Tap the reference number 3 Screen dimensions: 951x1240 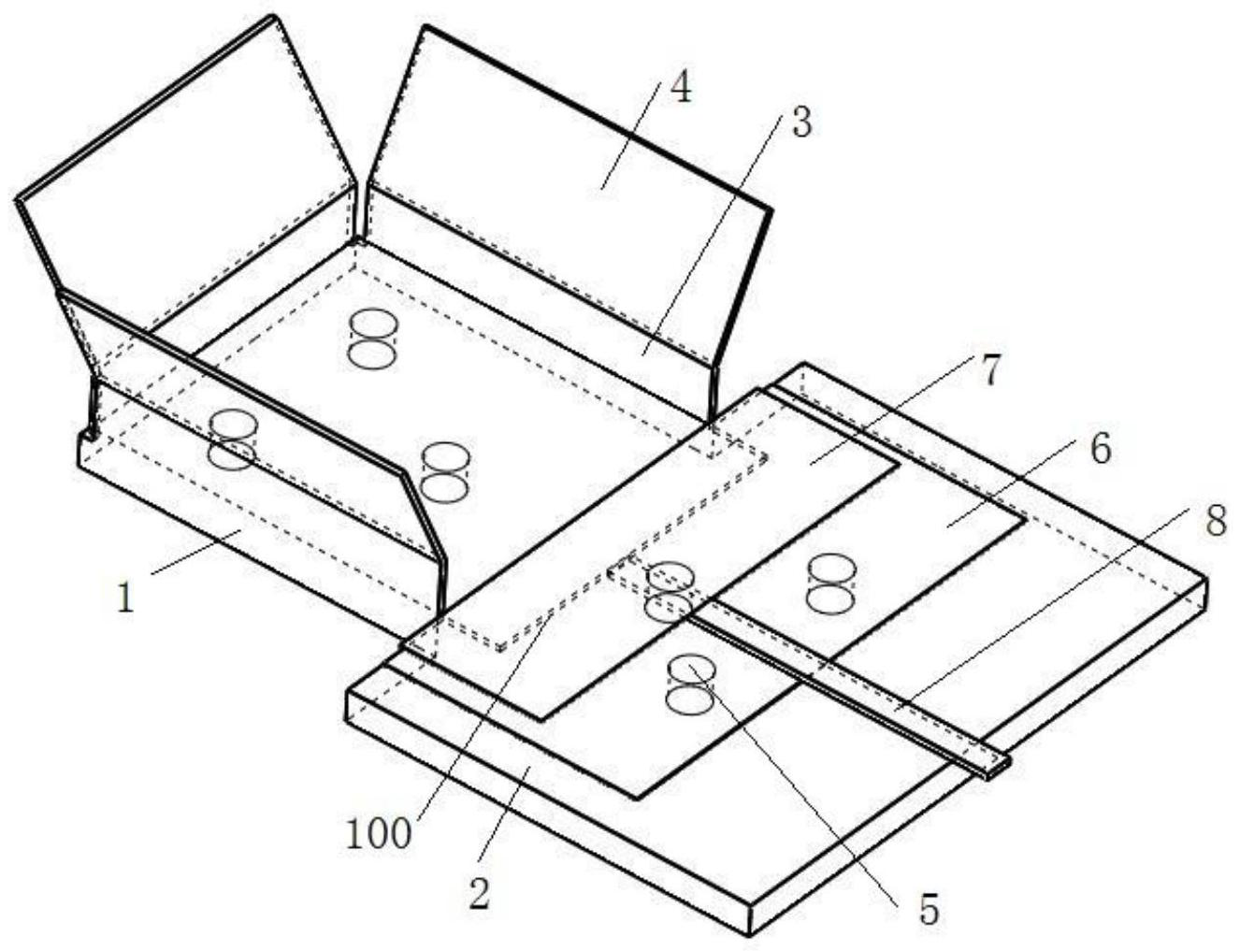click(x=801, y=123)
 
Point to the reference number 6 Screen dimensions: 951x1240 click(x=1100, y=450)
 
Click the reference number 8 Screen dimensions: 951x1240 click(x=1215, y=522)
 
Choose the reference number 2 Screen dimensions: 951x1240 click(x=479, y=895)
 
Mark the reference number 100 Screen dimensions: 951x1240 click(x=379, y=833)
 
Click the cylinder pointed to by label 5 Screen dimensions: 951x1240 click(x=692, y=684)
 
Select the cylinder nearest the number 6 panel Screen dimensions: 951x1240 click(x=830, y=584)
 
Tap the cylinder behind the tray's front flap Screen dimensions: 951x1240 click(x=232, y=439)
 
